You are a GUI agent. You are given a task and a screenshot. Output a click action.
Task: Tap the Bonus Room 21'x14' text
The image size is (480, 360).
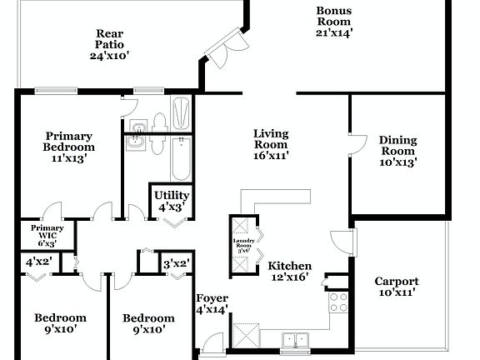pyautogui.click(x=333, y=22)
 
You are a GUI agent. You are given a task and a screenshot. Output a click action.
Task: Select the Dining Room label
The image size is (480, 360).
pyautogui.click(x=397, y=151)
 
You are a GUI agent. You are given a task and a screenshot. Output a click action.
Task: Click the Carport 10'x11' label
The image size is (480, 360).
pyautogui.click(x=396, y=287)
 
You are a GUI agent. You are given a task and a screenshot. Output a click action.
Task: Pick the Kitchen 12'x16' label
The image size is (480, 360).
pyautogui.click(x=289, y=272)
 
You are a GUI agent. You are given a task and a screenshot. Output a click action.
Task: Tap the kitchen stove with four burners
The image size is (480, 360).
pyautogui.click(x=338, y=302)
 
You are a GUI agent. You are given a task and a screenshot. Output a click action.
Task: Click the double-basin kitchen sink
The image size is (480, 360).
pyautogui.click(x=293, y=339)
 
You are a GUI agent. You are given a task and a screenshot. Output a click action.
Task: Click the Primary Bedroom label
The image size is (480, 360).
pyautogui.click(x=68, y=146)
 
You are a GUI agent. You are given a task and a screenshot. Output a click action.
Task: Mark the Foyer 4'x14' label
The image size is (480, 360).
pyautogui.click(x=212, y=304)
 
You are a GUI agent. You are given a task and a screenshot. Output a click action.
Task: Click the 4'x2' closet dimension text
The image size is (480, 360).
pyautogui.click(x=38, y=261)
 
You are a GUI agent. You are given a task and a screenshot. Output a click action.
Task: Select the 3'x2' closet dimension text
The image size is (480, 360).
pyautogui.click(x=176, y=263)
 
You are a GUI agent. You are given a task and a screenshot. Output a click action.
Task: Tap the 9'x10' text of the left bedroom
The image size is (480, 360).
pyautogui.click(x=60, y=329)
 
